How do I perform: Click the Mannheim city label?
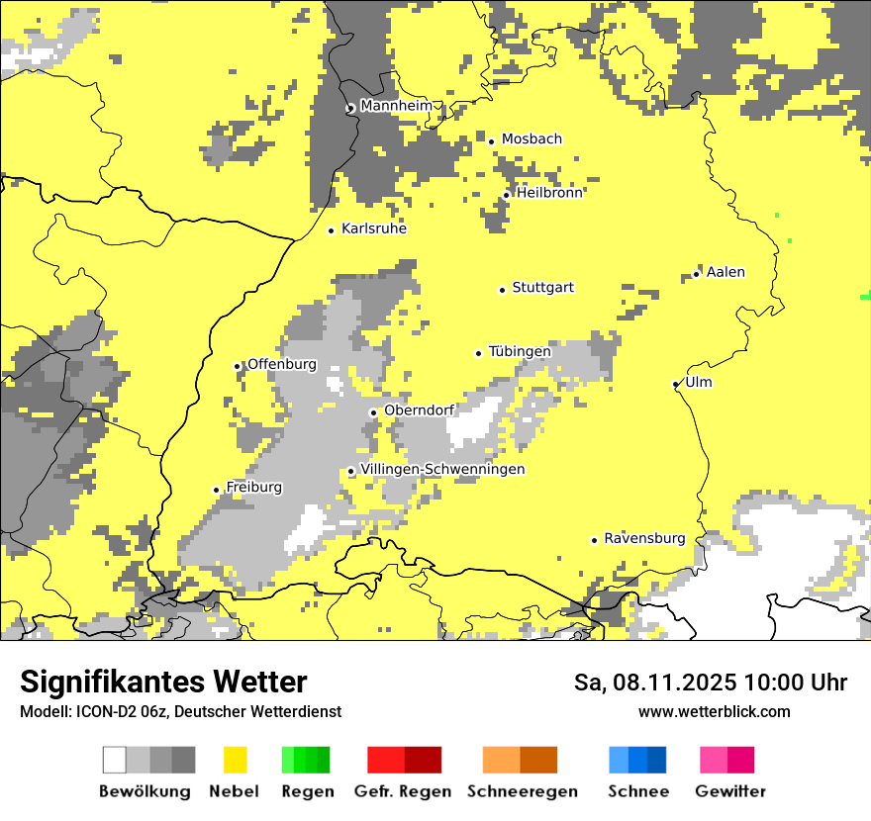[x=397, y=106]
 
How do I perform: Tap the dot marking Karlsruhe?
[x=332, y=230]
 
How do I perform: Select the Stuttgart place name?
[x=543, y=288]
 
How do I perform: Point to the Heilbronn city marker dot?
[x=506, y=195]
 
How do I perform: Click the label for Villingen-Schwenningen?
[x=443, y=470]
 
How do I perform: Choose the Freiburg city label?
[x=254, y=488]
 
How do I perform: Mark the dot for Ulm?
[x=676, y=384]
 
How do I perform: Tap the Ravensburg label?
[x=644, y=539]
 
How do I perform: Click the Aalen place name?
[x=726, y=272]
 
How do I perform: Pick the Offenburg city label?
[x=282, y=364]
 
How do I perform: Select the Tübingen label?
[x=520, y=351]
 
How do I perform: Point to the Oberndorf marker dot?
[x=373, y=412]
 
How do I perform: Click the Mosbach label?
[x=532, y=139]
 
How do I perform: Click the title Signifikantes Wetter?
[x=163, y=683]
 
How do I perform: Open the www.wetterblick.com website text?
[x=714, y=711]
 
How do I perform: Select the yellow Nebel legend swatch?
[x=235, y=760]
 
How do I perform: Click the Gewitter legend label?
[x=730, y=791]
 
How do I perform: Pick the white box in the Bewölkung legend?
[x=115, y=760]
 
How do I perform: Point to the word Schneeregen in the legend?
[x=523, y=791]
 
